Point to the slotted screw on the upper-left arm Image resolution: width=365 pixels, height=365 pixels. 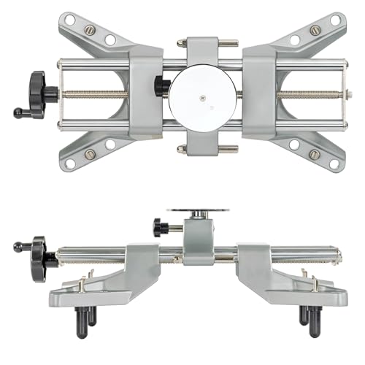coord(90,30)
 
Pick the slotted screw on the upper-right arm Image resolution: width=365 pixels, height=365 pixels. coord(315,31)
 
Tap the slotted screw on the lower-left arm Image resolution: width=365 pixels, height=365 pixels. coord(90,154)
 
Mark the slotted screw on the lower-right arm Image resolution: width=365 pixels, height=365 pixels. coord(315,154)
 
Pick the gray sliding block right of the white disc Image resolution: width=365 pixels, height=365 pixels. coord(259,93)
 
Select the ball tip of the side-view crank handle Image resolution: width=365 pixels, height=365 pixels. coord(18,247)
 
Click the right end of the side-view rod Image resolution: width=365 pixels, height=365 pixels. coord(339,255)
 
